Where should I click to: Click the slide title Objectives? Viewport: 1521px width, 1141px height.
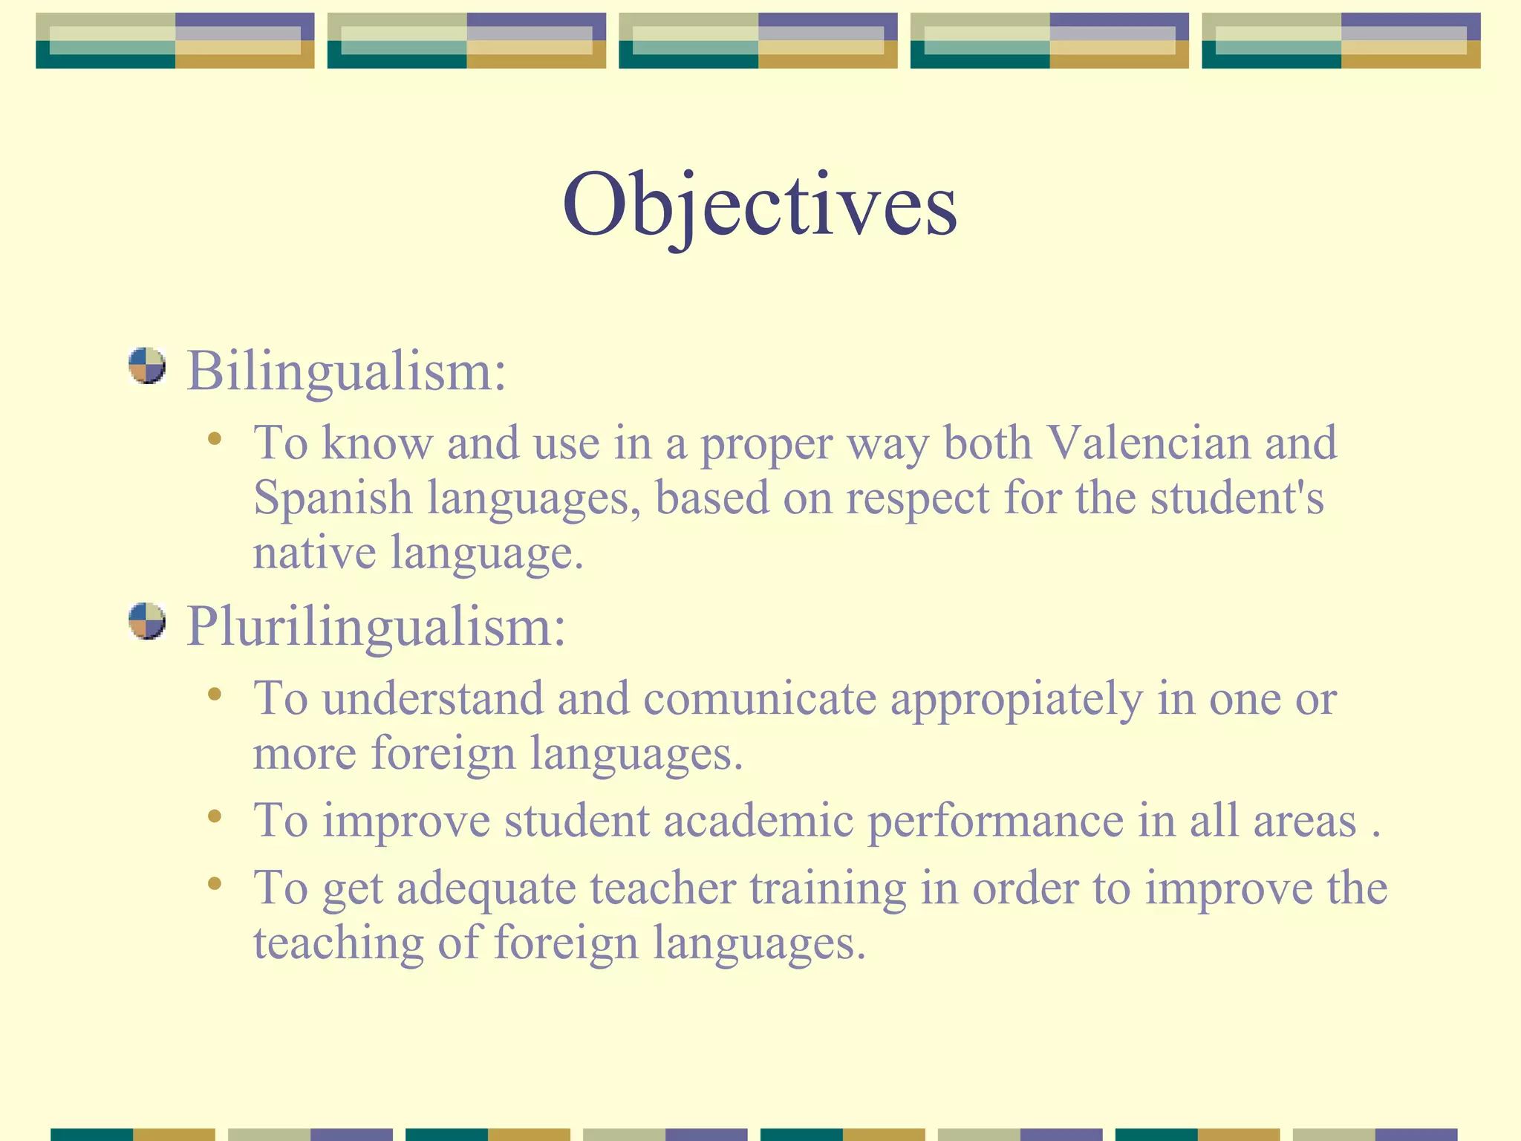(759, 205)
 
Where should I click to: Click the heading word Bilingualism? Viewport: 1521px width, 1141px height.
(346, 370)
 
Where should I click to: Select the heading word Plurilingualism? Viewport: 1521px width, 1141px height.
(376, 626)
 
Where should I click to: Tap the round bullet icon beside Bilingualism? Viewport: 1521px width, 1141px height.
(146, 365)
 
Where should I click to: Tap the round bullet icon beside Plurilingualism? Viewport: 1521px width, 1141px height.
(146, 621)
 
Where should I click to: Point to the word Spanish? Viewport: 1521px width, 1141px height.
(333, 498)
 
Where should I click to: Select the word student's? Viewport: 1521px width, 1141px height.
(1237, 498)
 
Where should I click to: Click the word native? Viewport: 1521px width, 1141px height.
(314, 553)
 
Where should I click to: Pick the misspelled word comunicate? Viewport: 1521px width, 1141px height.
(759, 699)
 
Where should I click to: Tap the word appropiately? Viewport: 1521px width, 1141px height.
(1016, 700)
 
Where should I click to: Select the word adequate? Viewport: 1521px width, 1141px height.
(486, 889)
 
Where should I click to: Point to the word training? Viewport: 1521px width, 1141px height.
(827, 889)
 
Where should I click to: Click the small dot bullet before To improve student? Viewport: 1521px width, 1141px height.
(215, 816)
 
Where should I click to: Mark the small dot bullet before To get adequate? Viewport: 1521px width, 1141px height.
(215, 883)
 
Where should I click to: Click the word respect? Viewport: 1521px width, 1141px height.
(917, 499)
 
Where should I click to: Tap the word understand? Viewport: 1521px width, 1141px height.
(432, 699)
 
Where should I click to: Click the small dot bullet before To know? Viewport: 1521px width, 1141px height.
(215, 439)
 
